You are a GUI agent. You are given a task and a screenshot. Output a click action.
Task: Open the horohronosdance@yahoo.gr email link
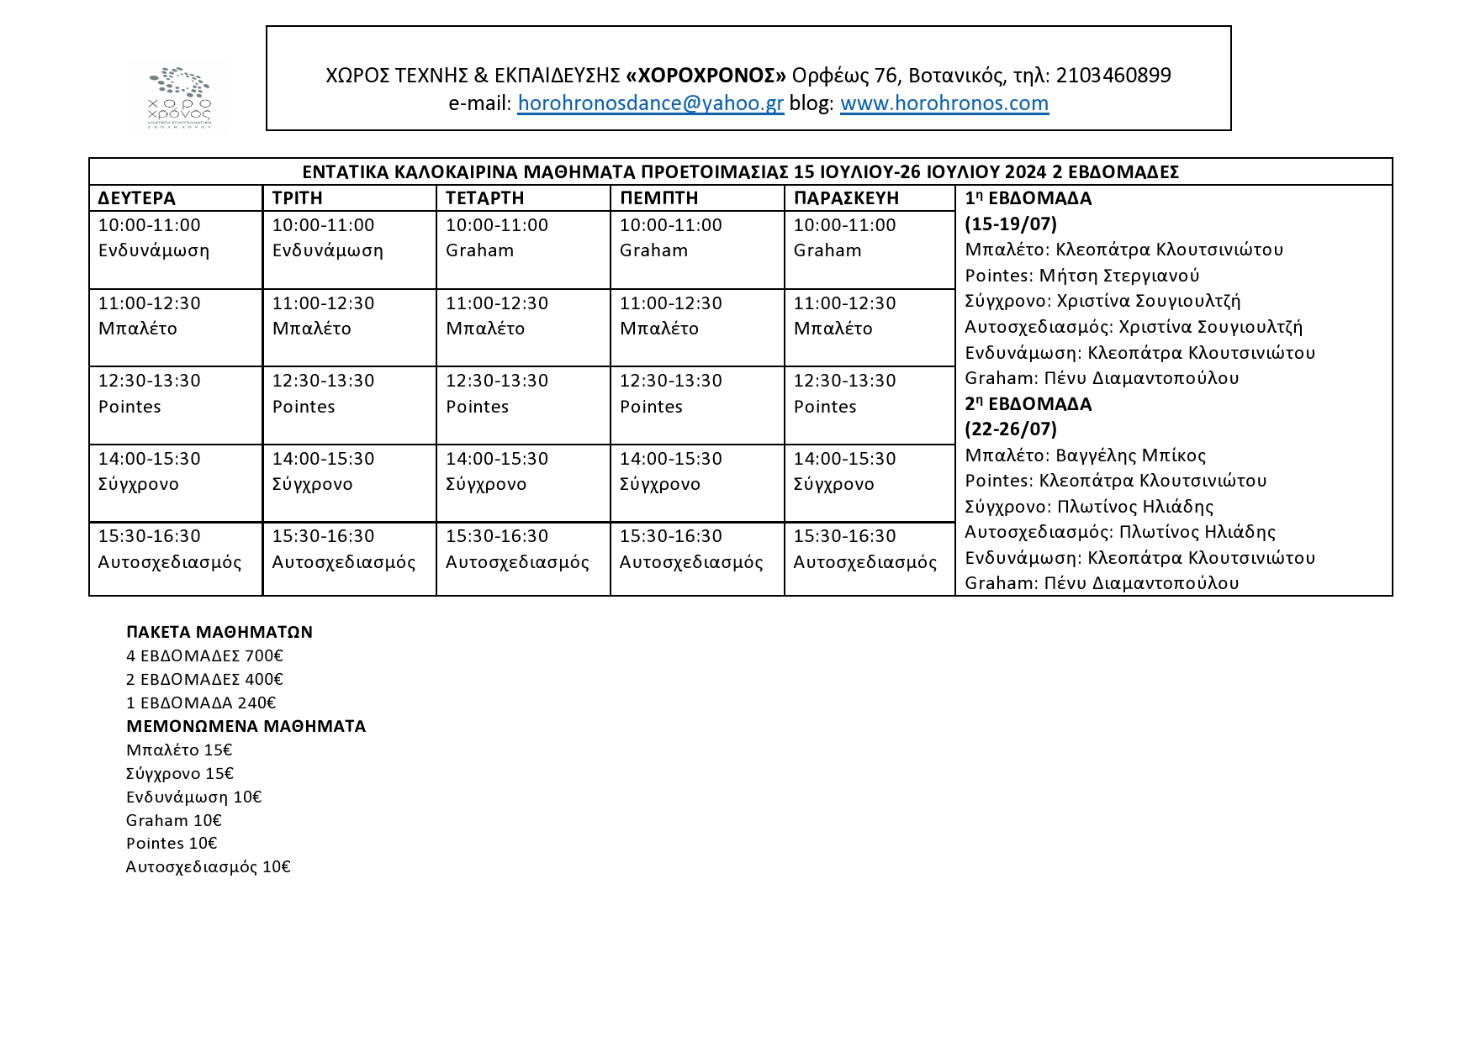(x=650, y=103)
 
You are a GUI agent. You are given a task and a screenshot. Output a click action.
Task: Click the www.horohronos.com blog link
(x=944, y=103)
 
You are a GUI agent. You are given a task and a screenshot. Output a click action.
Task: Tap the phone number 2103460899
(x=1113, y=76)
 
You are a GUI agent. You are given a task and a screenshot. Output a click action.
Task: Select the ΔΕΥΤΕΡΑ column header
(x=137, y=198)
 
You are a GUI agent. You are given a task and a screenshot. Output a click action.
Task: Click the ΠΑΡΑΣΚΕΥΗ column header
(x=846, y=198)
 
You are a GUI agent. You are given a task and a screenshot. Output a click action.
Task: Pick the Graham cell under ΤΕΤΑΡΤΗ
(x=480, y=250)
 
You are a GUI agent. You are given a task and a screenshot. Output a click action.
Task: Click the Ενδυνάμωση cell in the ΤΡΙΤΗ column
(x=327, y=250)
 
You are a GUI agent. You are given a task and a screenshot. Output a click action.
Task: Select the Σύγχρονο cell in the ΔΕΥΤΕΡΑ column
(x=139, y=484)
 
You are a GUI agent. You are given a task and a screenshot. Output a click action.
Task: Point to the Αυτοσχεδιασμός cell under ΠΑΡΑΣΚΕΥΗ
(x=864, y=562)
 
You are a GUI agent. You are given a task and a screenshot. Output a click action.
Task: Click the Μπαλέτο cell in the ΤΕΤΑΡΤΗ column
(x=485, y=329)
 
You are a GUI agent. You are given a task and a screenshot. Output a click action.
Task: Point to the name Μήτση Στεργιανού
(x=1118, y=276)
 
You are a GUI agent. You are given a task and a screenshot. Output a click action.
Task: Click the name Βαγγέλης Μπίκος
(x=1130, y=455)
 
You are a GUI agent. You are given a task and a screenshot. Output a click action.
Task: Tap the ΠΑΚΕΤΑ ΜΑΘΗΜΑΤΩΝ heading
(x=219, y=632)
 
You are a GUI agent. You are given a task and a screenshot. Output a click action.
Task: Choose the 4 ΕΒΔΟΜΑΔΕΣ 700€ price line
(x=204, y=655)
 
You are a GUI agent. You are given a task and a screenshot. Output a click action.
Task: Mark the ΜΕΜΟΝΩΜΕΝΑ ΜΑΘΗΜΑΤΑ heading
(x=246, y=726)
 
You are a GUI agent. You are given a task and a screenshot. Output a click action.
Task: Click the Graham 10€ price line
(x=174, y=820)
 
